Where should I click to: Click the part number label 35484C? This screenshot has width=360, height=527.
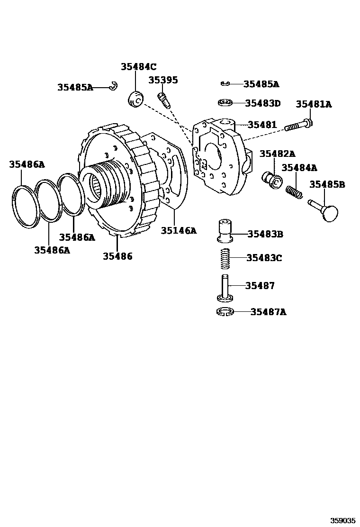[138, 67]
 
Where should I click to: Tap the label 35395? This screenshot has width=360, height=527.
[163, 80]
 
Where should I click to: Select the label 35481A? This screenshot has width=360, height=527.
[314, 104]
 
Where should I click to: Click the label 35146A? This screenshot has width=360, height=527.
[178, 231]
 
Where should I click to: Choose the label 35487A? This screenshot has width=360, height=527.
[269, 312]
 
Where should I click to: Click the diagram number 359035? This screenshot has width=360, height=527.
[342, 520]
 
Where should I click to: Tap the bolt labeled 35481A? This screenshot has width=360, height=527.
[298, 126]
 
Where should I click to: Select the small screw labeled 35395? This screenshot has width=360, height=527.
[163, 100]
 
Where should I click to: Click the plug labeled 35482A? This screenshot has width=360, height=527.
[272, 180]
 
